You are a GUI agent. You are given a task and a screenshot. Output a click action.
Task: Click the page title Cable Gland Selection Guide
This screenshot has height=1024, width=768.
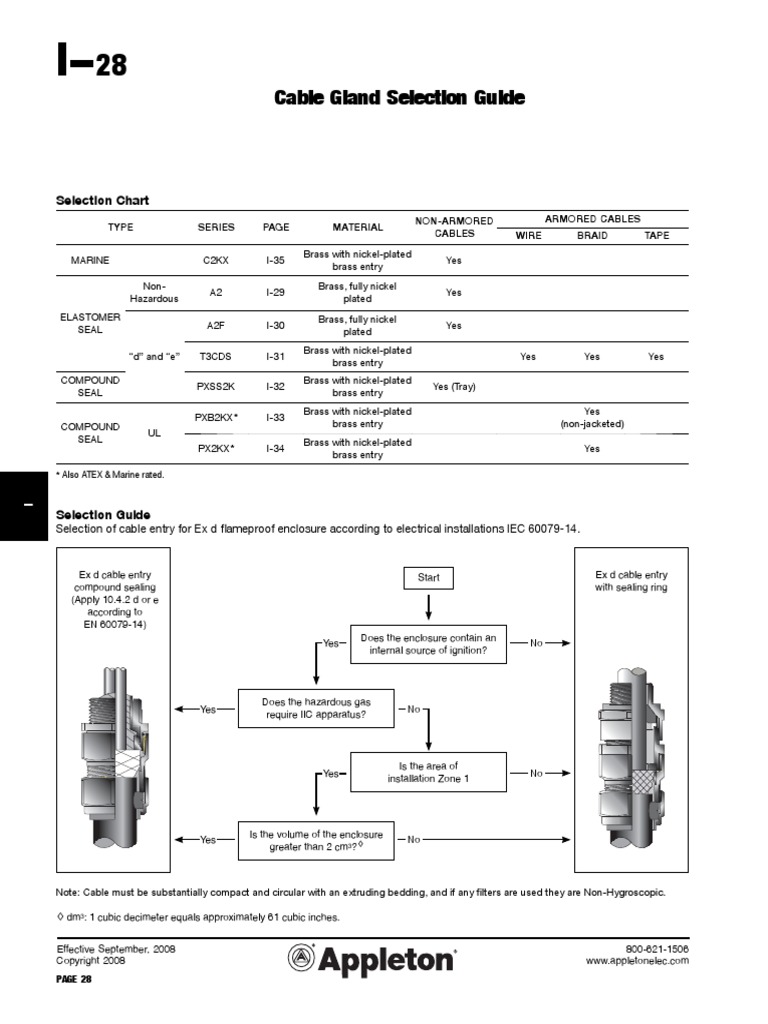[399, 97]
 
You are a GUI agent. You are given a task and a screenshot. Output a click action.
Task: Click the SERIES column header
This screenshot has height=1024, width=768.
[216, 227]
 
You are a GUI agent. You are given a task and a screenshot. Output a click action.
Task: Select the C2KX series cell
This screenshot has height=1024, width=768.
[216, 260]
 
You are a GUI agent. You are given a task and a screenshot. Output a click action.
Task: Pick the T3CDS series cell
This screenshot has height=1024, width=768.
[216, 356]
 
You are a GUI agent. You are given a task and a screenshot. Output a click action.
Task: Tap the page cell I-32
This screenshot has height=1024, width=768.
[275, 386]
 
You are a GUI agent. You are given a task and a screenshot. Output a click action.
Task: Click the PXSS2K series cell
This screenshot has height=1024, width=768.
[216, 386]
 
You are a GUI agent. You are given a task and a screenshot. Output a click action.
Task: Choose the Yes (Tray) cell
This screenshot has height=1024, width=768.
[454, 386]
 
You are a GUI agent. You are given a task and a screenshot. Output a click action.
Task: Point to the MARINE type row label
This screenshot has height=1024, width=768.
[91, 260]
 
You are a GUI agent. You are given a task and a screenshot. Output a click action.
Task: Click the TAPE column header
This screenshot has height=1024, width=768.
[656, 237]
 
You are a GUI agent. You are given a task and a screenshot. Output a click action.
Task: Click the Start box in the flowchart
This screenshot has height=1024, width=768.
[428, 577]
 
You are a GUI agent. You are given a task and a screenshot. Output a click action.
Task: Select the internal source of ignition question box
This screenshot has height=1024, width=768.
[428, 643]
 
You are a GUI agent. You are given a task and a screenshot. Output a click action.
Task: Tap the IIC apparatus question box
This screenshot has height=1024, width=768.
[316, 708]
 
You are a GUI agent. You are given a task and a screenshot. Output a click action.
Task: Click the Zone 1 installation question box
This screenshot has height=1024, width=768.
[428, 773]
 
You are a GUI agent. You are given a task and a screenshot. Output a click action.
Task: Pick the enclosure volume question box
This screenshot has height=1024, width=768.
[316, 839]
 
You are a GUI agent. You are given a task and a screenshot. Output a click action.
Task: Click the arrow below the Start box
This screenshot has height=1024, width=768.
[428, 606]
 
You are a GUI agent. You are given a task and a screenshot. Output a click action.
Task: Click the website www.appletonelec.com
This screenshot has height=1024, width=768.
[637, 961]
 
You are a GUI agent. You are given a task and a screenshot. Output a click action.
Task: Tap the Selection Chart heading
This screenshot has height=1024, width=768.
[102, 201]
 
